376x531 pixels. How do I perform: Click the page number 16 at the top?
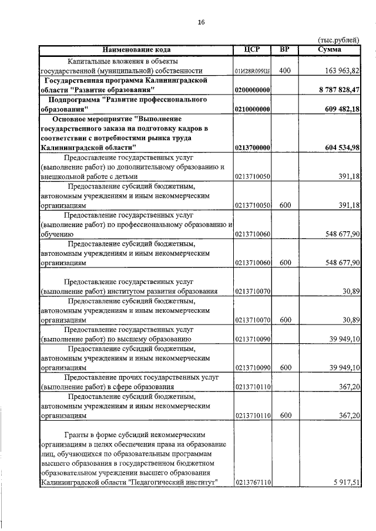pos(201,22)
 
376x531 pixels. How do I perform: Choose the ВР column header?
pos(285,49)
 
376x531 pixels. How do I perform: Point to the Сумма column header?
pos(329,49)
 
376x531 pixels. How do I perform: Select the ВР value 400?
pos(285,71)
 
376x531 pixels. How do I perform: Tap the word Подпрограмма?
pos(74,99)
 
